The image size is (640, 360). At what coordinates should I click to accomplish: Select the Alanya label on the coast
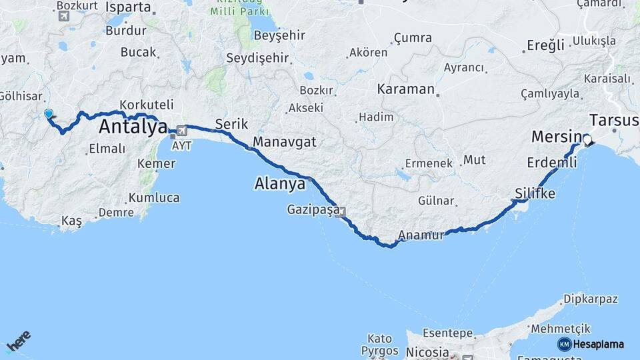tap(280, 183)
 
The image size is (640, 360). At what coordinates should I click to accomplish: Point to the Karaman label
tap(405, 89)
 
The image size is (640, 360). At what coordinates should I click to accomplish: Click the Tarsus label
tap(614, 120)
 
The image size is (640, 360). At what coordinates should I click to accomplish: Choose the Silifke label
tap(535, 193)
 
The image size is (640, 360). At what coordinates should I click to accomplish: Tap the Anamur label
tap(420, 235)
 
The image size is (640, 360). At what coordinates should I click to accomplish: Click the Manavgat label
tap(285, 141)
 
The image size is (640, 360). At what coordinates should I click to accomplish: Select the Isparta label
tap(128, 7)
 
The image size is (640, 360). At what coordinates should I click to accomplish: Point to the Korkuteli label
tap(147, 105)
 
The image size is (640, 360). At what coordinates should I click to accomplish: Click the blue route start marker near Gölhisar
tap(49, 114)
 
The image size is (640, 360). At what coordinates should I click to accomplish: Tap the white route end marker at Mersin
tap(587, 140)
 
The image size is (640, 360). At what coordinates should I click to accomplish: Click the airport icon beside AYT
tap(181, 131)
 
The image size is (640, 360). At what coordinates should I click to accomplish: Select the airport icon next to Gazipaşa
tap(343, 213)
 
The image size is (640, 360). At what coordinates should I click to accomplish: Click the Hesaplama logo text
tap(598, 344)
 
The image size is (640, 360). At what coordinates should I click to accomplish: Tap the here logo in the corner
tap(19, 341)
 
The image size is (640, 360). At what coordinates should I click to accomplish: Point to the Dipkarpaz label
tap(591, 299)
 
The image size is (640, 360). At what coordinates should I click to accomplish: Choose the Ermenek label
tap(429, 163)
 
